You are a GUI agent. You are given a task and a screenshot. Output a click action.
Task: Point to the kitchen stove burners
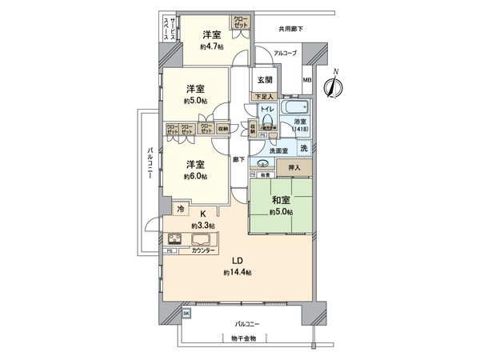(x=175, y=238)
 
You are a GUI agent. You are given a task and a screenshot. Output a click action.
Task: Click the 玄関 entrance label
(x=265, y=78)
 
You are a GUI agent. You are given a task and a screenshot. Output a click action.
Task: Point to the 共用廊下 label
(x=290, y=29)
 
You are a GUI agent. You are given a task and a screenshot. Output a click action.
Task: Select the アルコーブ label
(x=284, y=53)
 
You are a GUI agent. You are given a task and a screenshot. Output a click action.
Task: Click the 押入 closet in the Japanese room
(x=294, y=168)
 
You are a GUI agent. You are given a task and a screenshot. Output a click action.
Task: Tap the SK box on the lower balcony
(x=186, y=314)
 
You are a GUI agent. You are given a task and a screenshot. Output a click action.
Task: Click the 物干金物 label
(x=239, y=338)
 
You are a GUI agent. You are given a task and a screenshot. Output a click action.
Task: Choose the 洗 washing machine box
(x=303, y=148)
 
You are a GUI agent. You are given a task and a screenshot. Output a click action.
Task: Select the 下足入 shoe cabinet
(x=262, y=97)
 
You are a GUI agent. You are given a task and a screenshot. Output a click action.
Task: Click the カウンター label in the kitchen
(x=201, y=251)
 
